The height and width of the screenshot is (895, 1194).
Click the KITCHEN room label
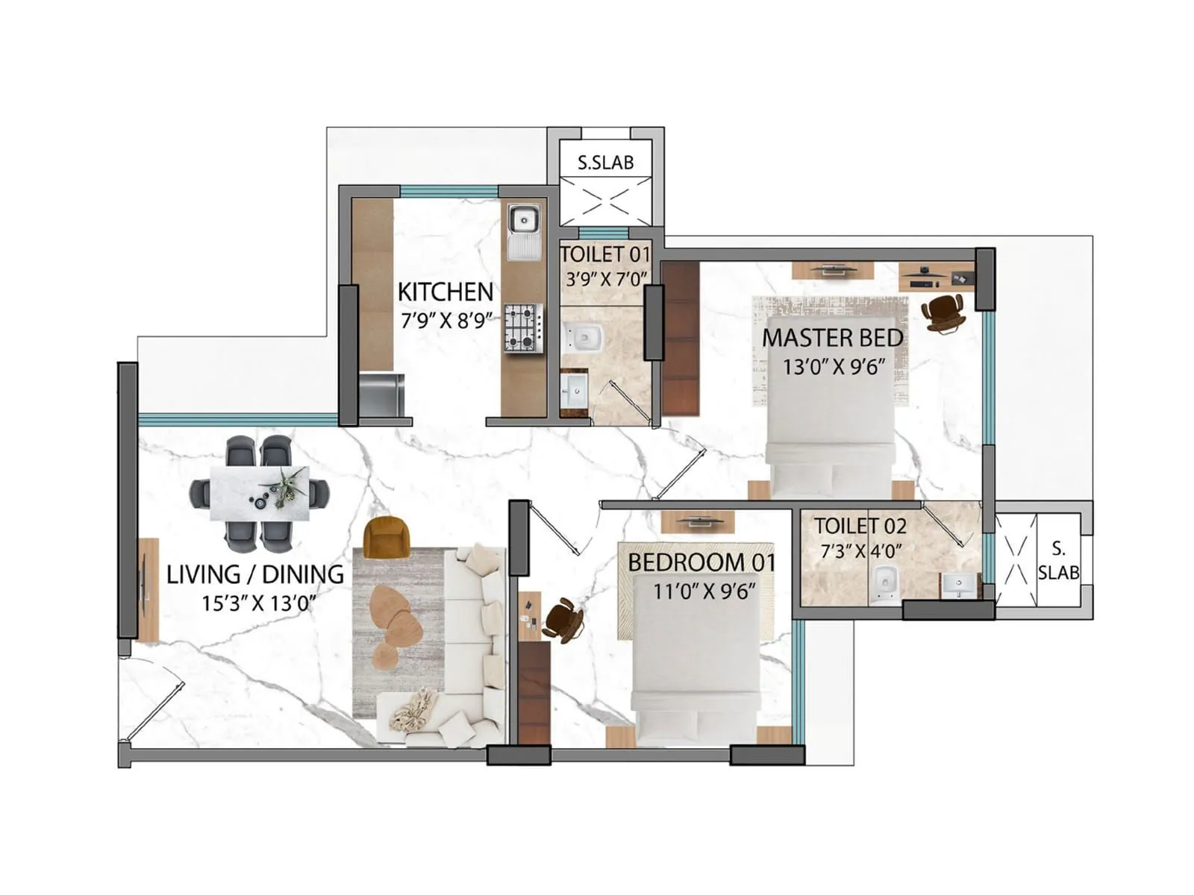pyautogui.click(x=445, y=292)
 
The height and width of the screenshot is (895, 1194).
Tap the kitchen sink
pyautogui.click(x=525, y=221)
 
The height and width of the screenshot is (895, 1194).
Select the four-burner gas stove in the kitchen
pyautogui.click(x=522, y=327)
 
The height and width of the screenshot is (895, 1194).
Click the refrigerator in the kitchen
pyautogui.click(x=381, y=396)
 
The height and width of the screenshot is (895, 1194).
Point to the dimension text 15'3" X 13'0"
pyautogui.click(x=258, y=603)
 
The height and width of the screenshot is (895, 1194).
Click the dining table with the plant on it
pyautogui.click(x=259, y=494)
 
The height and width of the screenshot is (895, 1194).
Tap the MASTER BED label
pyautogui.click(x=832, y=338)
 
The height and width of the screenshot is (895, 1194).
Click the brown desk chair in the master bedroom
pyautogui.click(x=943, y=311)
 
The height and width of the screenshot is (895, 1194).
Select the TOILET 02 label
pyautogui.click(x=860, y=526)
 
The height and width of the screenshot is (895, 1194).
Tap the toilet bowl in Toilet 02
pyautogui.click(x=885, y=582)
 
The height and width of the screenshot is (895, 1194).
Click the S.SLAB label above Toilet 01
pyautogui.click(x=605, y=163)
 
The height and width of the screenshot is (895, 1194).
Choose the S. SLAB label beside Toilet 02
pyautogui.click(x=1058, y=561)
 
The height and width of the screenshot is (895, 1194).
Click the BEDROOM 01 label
pyautogui.click(x=701, y=562)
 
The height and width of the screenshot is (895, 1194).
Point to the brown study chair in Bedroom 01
pyautogui.click(x=563, y=620)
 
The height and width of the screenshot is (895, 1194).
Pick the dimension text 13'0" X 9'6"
pyautogui.click(x=834, y=367)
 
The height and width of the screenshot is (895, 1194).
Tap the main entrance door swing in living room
pyautogui.click(x=153, y=701)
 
